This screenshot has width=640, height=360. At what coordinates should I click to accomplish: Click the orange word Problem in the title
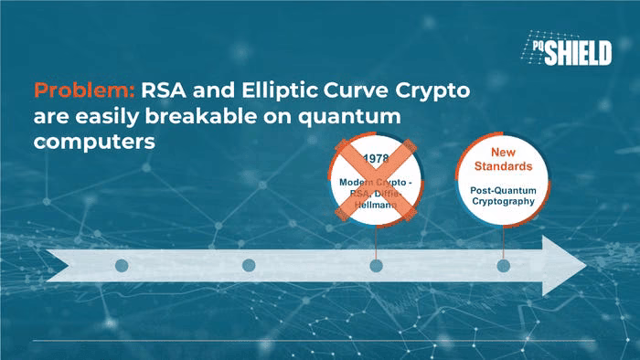coord(84,90)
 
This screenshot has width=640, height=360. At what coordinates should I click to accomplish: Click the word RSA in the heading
coord(164,90)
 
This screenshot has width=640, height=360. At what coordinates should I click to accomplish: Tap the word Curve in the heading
coord(356,90)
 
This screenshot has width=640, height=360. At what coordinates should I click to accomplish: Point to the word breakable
coord(201,116)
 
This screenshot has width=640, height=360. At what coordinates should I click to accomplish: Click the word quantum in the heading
coord(349,118)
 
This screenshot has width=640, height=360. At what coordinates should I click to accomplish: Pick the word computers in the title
coord(94,143)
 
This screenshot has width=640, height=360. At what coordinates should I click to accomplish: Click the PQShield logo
coord(567,48)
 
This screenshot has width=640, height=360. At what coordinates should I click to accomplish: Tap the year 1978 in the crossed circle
coord(376,158)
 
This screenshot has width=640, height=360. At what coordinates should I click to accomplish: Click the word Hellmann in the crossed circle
coord(376,205)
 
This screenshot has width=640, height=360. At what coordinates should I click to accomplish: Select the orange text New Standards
coord(503,159)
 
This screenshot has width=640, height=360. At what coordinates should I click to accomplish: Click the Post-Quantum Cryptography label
coord(503,196)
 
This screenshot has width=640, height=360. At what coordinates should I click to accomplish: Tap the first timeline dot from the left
coord(122,265)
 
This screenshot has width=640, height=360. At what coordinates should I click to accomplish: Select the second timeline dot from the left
coord(249,265)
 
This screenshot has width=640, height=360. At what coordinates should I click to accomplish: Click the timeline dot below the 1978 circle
coord(376,266)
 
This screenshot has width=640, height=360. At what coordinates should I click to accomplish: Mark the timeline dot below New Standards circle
coord(503,266)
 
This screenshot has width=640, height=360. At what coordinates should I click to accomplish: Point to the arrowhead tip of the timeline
coord(587,266)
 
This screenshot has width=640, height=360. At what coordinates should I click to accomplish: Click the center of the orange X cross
coord(376,180)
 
